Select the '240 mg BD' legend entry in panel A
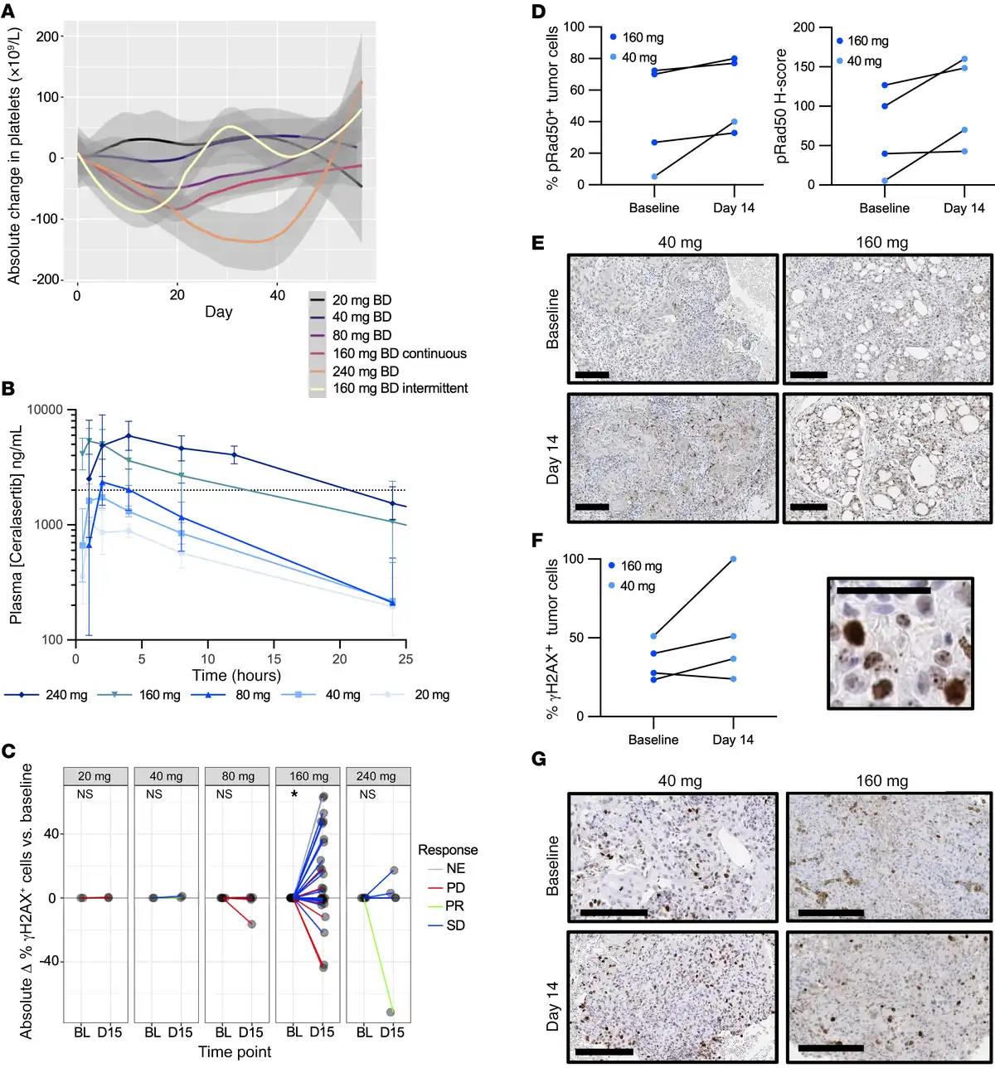(x=366, y=371)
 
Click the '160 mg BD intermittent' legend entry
(x=400, y=388)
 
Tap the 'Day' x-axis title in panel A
(x=218, y=312)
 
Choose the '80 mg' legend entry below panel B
(x=252, y=695)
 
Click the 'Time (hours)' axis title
(x=236, y=675)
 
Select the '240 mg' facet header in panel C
(x=377, y=776)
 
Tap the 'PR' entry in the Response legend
(x=454, y=906)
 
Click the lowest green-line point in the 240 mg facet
(x=391, y=1012)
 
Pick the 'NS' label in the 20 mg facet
(x=84, y=794)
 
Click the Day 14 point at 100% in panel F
(x=733, y=559)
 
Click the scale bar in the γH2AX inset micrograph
(x=884, y=590)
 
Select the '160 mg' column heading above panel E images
(x=882, y=243)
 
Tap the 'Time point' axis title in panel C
(x=235, y=1052)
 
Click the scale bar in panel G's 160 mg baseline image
(x=831, y=913)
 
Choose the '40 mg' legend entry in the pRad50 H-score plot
(x=863, y=61)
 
